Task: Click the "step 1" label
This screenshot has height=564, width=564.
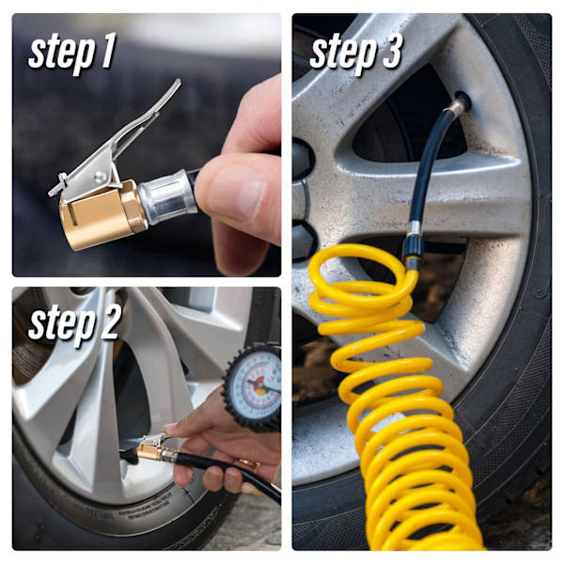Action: coord(71,54)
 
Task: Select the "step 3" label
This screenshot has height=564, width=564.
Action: coord(355,54)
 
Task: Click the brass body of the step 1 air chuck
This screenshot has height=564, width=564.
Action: coord(102,215)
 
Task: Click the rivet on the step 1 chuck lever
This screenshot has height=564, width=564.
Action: coord(101,177)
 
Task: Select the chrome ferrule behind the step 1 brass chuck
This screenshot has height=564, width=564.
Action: coord(167,196)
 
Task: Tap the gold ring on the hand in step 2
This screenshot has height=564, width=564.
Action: coord(249,464)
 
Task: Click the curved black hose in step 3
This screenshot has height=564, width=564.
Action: coord(426,165)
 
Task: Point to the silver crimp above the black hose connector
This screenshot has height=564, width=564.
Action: coord(413,228)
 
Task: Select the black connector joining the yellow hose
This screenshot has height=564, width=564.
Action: coord(413,248)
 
